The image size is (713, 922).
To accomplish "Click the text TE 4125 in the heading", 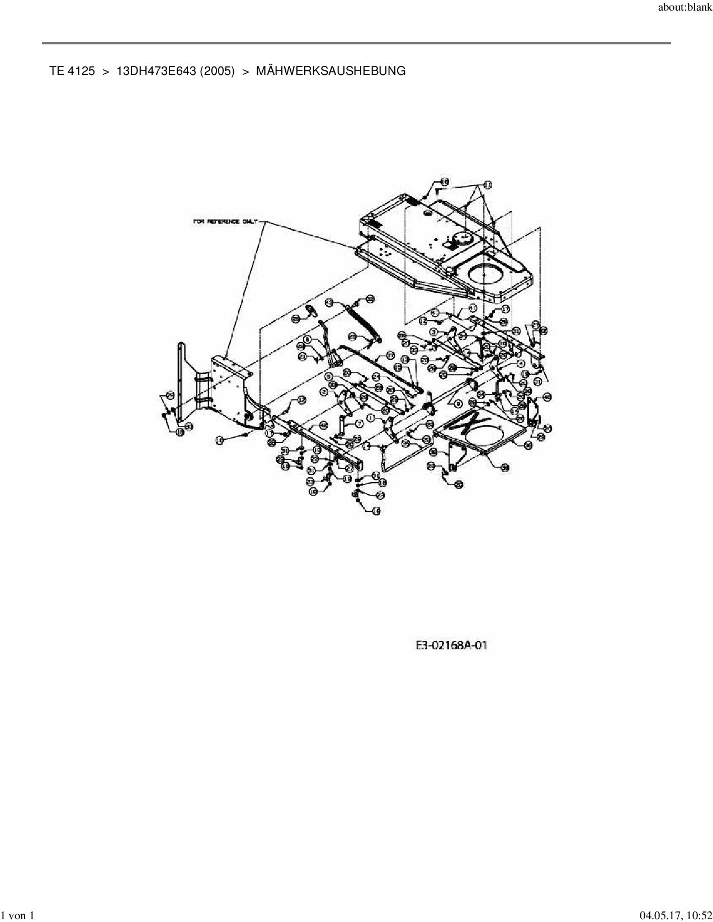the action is (x=72, y=71).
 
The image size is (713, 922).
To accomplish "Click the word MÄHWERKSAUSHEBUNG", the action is (x=330, y=71).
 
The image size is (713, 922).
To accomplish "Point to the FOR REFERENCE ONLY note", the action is (x=225, y=222).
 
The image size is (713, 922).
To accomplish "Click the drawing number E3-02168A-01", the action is (x=451, y=645).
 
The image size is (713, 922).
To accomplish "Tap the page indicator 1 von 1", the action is (x=17, y=915).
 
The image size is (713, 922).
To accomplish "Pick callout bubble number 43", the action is (x=329, y=302).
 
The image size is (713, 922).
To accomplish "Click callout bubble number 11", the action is (x=487, y=184).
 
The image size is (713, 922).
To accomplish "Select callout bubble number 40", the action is (x=547, y=397).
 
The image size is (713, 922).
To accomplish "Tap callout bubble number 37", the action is (x=390, y=355).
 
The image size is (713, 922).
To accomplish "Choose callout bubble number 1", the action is (x=370, y=417).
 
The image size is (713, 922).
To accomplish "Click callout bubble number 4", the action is (x=520, y=363).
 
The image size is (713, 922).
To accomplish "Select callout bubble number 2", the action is (x=324, y=392).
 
